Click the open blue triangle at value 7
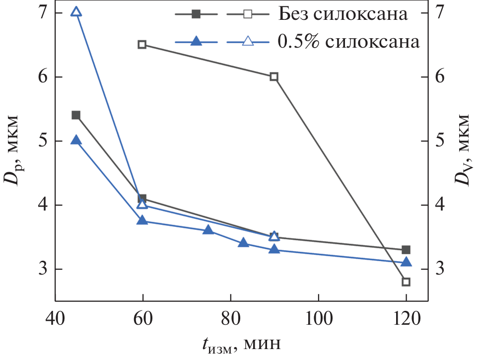click(x=76, y=12)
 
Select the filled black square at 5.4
click(x=76, y=115)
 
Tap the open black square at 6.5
click(x=142, y=45)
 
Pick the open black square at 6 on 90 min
click(x=274, y=76)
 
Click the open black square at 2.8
click(x=406, y=282)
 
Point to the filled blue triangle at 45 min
click(x=76, y=141)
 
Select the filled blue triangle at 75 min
click(x=208, y=230)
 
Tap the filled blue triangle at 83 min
click(x=243, y=243)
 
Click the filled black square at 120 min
click(x=406, y=250)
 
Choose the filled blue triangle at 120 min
click(x=406, y=262)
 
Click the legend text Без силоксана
click(x=343, y=14)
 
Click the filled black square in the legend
click(x=197, y=14)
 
